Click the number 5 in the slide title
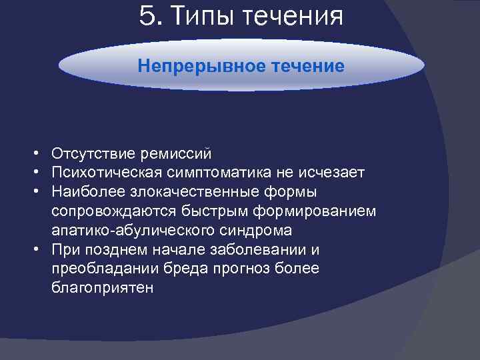click(147, 16)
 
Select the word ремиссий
click(175, 154)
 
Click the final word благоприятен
click(102, 289)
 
